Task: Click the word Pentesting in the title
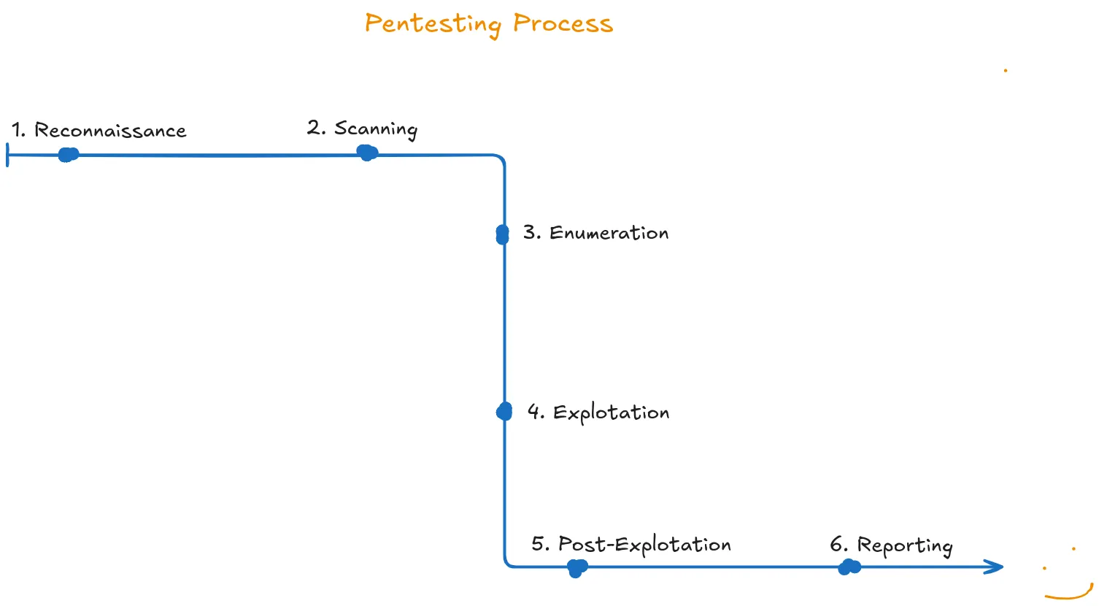(x=433, y=24)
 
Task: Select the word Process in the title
(x=563, y=23)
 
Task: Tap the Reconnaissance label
(x=110, y=131)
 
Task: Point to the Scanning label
(x=376, y=129)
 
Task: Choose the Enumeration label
(x=609, y=233)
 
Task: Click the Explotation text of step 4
(x=611, y=413)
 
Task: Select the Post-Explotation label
(x=644, y=545)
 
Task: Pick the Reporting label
(x=905, y=546)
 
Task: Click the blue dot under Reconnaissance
(x=69, y=155)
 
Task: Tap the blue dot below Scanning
(x=367, y=153)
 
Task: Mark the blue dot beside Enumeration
(x=502, y=234)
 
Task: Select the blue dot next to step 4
(x=504, y=412)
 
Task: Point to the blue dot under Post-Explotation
(x=577, y=567)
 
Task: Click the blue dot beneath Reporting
(x=849, y=567)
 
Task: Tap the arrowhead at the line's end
(x=995, y=567)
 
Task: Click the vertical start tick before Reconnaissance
(x=8, y=155)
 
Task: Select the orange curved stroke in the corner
(x=1070, y=594)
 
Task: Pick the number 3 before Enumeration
(x=531, y=233)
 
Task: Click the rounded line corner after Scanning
(x=501, y=158)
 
